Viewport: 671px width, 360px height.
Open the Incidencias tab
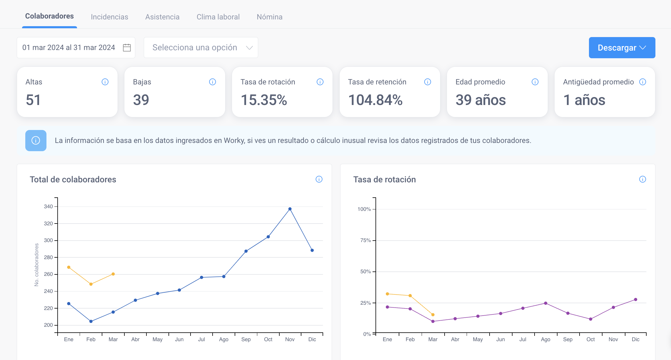[x=109, y=17]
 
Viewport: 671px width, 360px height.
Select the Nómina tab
[x=269, y=17]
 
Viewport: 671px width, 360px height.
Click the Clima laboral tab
[x=218, y=17]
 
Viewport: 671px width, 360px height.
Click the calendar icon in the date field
[x=127, y=48]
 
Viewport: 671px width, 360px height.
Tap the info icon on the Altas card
[x=105, y=82]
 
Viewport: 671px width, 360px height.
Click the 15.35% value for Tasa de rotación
[x=264, y=100]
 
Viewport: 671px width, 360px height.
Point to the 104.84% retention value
[x=375, y=100]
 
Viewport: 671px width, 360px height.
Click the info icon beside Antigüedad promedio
[x=642, y=82]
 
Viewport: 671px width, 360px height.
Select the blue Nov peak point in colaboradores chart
[x=290, y=209]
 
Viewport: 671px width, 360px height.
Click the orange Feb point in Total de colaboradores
[x=91, y=284]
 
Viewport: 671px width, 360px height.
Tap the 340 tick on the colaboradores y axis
[x=48, y=206]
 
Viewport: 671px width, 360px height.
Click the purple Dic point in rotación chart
[x=635, y=299]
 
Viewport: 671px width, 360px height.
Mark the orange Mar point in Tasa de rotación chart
[x=433, y=315]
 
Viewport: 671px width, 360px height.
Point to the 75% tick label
[x=365, y=240]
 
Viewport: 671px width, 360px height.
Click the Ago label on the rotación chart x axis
[x=545, y=339]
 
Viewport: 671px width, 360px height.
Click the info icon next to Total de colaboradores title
[x=319, y=179]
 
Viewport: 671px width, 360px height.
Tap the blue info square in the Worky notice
[x=36, y=141]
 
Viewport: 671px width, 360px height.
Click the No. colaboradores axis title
[x=36, y=265]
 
